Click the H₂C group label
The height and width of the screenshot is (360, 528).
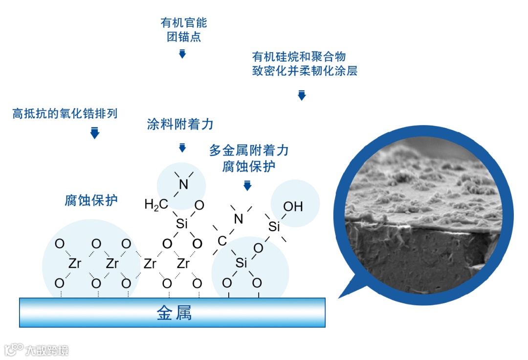click(155, 205)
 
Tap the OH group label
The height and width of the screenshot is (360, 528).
click(293, 207)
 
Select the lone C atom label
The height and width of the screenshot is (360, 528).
click(222, 241)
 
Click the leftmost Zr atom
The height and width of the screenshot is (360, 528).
click(74, 264)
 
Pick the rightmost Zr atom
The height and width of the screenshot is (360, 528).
click(183, 264)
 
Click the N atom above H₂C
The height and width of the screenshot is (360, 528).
click(183, 184)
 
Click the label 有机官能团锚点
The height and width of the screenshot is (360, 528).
click(183, 30)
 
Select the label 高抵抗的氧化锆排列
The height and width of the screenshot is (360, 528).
click(65, 114)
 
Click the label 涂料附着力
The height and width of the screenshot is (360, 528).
click(180, 124)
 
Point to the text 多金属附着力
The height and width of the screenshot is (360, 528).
click(249, 150)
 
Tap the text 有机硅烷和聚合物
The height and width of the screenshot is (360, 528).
click(299, 56)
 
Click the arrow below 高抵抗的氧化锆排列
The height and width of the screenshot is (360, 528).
click(95, 132)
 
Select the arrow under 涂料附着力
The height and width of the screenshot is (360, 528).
click(182, 147)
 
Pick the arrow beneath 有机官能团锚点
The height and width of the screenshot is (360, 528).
click(182, 53)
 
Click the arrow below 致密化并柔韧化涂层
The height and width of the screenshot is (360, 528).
click(302, 95)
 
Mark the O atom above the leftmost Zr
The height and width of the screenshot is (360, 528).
click(60, 243)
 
